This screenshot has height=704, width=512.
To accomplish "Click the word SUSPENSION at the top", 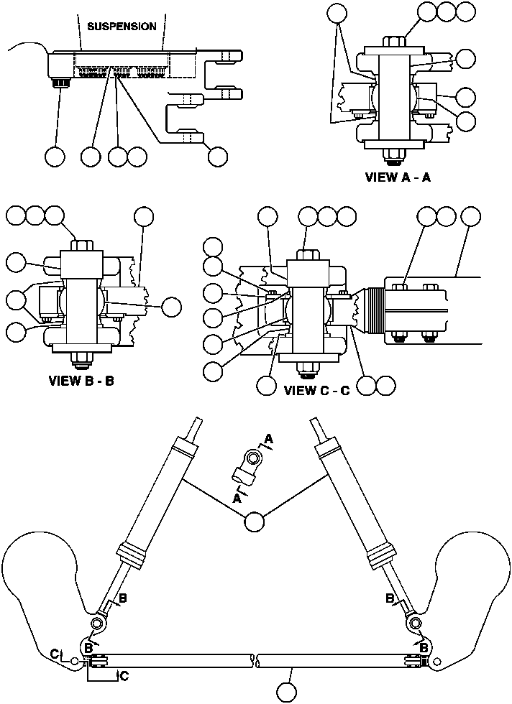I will [122, 27].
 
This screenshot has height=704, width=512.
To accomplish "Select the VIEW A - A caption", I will [398, 177].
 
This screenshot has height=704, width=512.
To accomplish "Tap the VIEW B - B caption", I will [81, 381].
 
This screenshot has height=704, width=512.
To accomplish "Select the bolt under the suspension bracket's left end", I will [59, 85].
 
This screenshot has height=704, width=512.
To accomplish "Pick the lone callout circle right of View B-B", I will [170, 307].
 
